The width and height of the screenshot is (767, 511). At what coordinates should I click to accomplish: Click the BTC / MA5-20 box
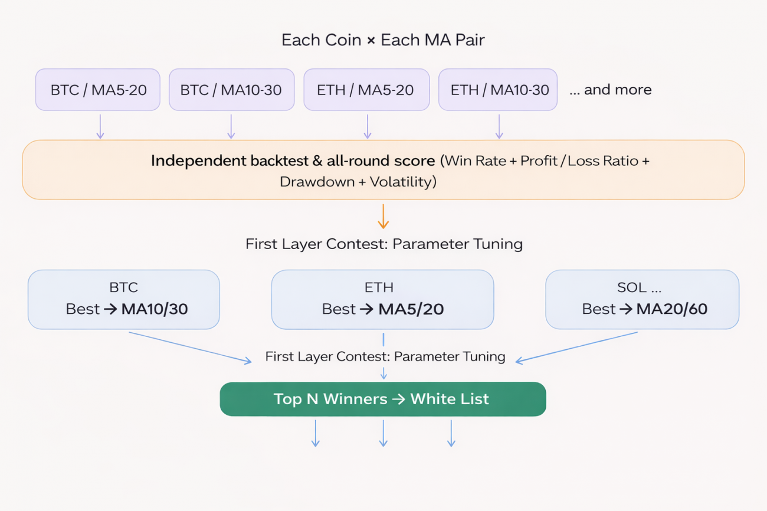point(97,90)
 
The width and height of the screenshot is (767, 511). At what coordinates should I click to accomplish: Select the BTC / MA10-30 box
point(231,90)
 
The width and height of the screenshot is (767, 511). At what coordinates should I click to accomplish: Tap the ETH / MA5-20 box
point(366,90)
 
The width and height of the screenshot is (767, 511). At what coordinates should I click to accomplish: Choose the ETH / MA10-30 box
point(498,90)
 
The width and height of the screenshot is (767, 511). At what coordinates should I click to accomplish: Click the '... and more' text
point(611,90)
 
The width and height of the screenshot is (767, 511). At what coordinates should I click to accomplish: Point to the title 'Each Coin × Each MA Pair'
point(383,40)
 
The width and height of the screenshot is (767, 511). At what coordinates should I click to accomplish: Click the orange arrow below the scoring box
point(383,217)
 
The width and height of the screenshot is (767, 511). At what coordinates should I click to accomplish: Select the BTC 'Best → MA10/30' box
point(124,299)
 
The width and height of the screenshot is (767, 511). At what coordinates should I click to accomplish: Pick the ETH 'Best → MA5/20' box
point(382,299)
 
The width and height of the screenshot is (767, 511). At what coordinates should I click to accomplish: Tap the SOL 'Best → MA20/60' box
point(642,299)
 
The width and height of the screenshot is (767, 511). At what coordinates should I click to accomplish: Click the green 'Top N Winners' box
point(383,399)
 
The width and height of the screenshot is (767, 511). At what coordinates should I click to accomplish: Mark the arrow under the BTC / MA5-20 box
point(100,127)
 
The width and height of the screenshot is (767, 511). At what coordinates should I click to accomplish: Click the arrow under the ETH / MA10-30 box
point(499,127)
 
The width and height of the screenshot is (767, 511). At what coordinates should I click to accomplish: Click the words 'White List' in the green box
point(450,399)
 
